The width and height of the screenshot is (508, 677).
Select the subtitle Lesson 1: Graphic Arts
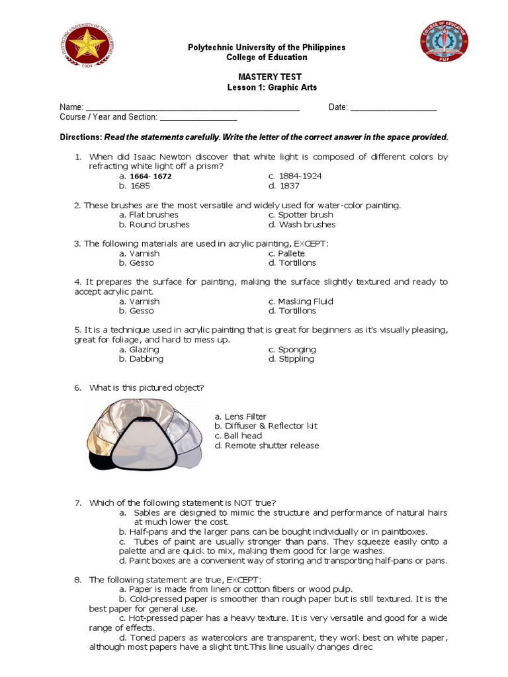point(267,87)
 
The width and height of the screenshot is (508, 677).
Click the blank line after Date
point(393,108)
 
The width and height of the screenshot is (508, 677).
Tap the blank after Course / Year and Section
point(198,118)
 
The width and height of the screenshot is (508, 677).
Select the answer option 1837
point(290,186)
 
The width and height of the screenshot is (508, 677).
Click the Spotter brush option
point(305,215)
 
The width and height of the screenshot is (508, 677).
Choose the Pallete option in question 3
point(291,253)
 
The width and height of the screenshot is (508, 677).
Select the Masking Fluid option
point(305,301)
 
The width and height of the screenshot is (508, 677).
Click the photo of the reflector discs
point(142,434)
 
